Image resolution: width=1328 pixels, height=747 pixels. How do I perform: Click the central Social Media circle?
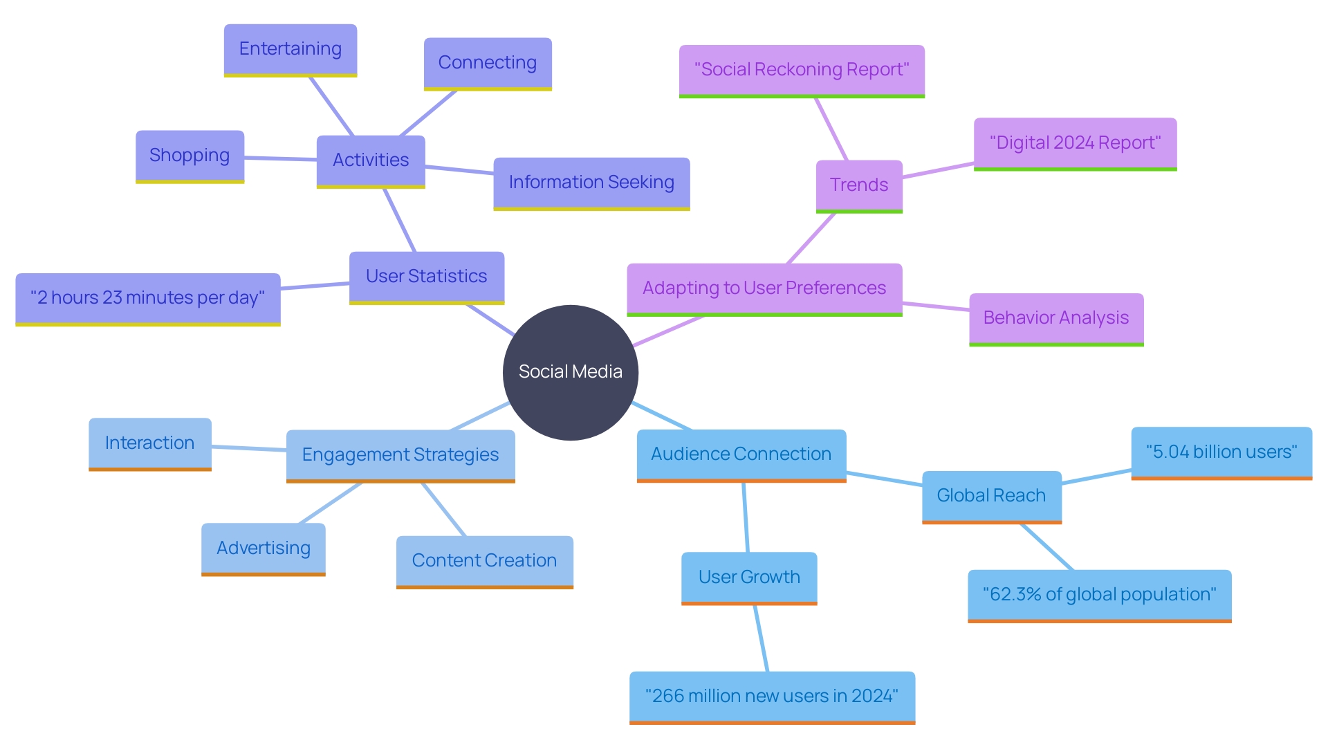click(x=570, y=372)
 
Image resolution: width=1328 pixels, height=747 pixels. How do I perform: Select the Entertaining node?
click(x=290, y=49)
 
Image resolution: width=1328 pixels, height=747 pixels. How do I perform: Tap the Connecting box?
click(x=487, y=63)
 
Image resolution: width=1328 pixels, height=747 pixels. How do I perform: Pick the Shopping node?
click(x=190, y=156)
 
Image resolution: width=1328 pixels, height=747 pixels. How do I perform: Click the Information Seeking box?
click(x=591, y=183)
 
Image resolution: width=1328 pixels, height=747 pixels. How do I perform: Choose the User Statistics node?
click(x=426, y=277)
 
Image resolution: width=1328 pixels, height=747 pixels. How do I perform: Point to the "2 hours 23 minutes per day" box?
click(x=147, y=298)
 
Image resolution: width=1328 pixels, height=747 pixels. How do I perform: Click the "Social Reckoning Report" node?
click(x=801, y=70)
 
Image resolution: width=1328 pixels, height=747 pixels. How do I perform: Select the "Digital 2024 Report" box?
click(x=1075, y=143)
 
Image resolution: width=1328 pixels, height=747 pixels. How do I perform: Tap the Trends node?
click(x=858, y=185)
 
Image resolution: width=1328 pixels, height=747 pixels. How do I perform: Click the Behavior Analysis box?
click(x=1055, y=318)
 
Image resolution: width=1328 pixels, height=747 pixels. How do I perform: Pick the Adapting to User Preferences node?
click(x=764, y=288)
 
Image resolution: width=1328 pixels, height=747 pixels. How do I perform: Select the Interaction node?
click(x=149, y=443)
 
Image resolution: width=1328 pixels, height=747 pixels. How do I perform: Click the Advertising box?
click(x=263, y=548)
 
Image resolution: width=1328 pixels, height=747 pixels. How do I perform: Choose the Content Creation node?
click(x=484, y=561)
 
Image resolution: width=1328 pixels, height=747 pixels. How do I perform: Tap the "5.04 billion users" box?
click(x=1221, y=452)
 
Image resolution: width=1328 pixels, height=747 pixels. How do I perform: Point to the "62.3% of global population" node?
click(x=1099, y=595)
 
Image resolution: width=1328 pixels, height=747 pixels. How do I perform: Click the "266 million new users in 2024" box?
click(x=771, y=697)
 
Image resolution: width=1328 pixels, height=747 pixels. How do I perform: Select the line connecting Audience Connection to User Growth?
click(x=746, y=517)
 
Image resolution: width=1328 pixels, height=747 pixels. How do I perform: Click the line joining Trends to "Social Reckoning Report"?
click(x=831, y=129)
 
